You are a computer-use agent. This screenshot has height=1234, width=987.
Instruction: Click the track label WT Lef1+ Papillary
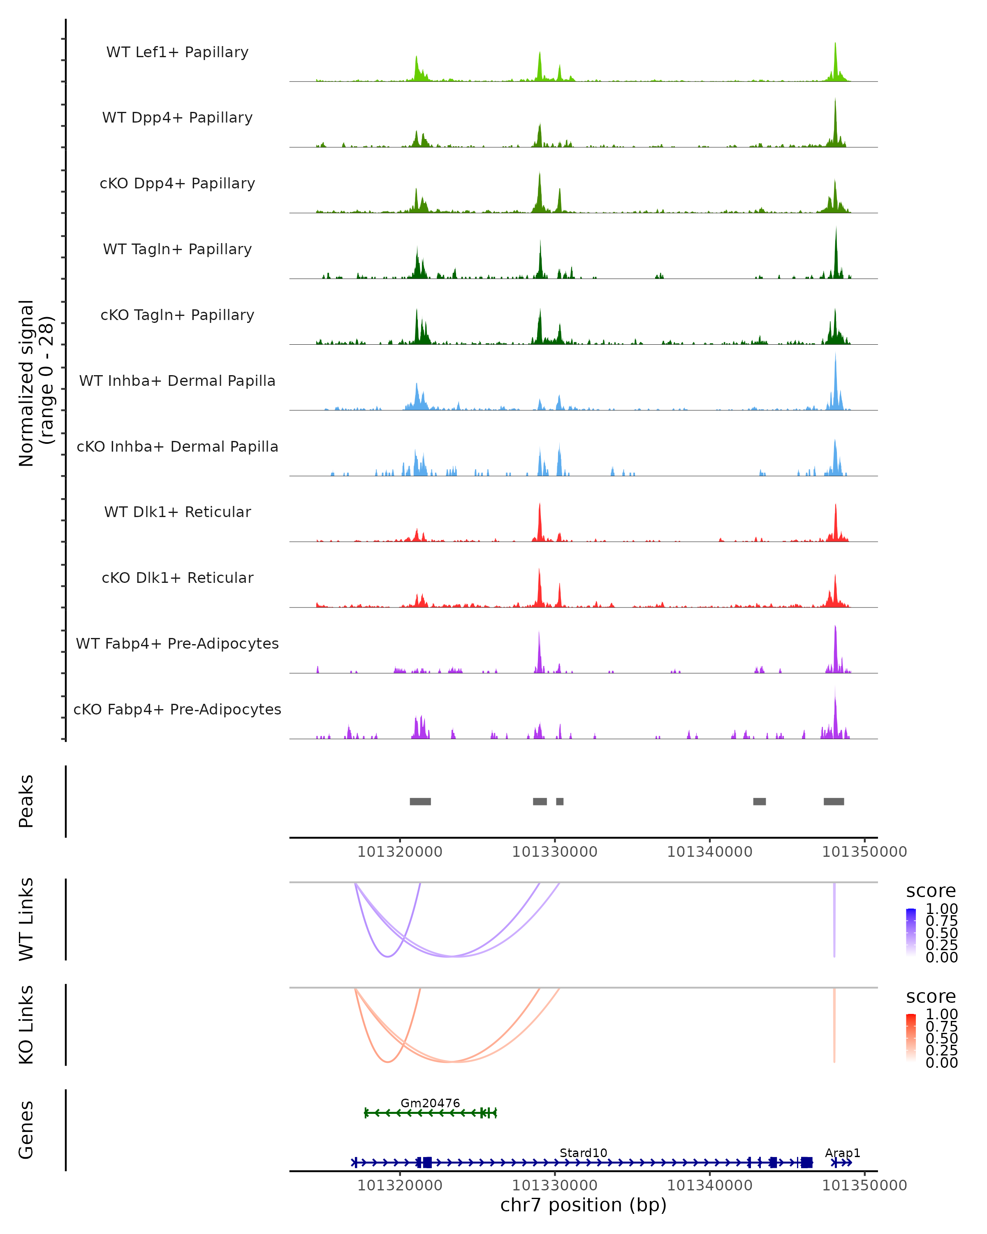(177, 52)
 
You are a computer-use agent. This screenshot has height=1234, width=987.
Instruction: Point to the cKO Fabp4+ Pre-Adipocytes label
(177, 709)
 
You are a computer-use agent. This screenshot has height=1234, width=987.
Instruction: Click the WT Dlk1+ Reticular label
(177, 512)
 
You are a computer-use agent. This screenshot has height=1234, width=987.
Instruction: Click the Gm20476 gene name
(430, 1103)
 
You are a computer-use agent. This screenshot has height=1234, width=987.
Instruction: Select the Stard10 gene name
(583, 1153)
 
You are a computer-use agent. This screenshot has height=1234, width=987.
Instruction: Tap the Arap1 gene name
(842, 1153)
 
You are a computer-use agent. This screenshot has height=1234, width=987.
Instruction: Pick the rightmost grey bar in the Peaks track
(834, 801)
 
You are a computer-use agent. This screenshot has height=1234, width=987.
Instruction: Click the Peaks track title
(26, 801)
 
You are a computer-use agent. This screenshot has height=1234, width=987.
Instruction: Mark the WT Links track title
(26, 919)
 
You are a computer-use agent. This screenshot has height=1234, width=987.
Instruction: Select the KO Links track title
(26, 1025)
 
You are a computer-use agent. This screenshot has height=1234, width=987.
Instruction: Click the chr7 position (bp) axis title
(583, 1205)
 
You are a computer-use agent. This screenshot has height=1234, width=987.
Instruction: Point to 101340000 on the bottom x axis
(709, 1185)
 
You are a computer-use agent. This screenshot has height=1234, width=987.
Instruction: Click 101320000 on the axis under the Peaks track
(399, 852)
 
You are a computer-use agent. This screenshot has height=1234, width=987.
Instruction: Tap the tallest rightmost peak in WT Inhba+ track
(835, 356)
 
